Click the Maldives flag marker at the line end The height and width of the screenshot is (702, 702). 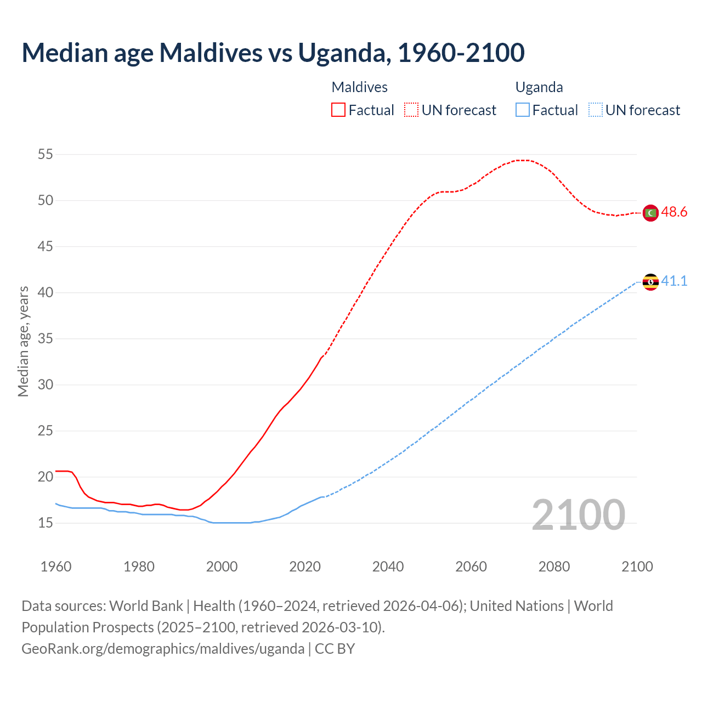point(650,213)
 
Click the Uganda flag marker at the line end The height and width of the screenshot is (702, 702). point(650,282)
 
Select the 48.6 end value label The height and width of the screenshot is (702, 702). point(674,212)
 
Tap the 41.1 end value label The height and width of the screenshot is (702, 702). point(674,281)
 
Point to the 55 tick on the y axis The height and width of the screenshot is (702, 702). point(46,155)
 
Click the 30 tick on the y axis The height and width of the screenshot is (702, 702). point(46,385)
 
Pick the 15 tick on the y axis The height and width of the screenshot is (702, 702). point(46,523)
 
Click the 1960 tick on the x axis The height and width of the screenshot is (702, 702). point(56,567)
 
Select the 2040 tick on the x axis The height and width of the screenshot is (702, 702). point(388,567)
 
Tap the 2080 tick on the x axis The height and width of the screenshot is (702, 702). point(554,567)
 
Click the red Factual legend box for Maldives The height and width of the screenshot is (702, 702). point(338,110)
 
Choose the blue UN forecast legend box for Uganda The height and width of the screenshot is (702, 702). point(596,110)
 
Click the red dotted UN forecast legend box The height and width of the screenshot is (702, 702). point(411,110)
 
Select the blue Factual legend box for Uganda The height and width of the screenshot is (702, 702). point(523,110)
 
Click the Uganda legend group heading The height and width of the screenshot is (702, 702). point(539,87)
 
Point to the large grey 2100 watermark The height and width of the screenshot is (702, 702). point(579,515)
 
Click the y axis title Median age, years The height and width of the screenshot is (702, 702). point(23,341)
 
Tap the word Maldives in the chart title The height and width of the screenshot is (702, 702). point(210,53)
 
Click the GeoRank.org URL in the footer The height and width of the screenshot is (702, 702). point(163,649)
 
